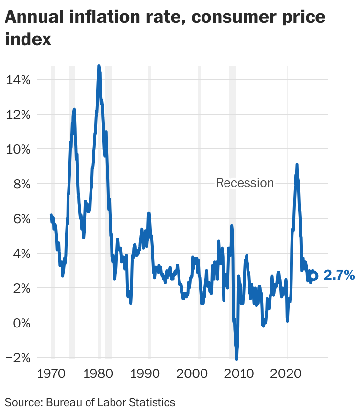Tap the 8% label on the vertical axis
click(x=21, y=184)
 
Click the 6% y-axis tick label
click(x=21, y=219)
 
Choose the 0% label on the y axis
click(x=21, y=323)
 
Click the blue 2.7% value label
click(x=339, y=276)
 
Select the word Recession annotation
click(x=245, y=183)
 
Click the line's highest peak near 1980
click(x=99, y=66)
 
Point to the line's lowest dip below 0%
click(x=237, y=359)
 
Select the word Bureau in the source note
click(x=66, y=403)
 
